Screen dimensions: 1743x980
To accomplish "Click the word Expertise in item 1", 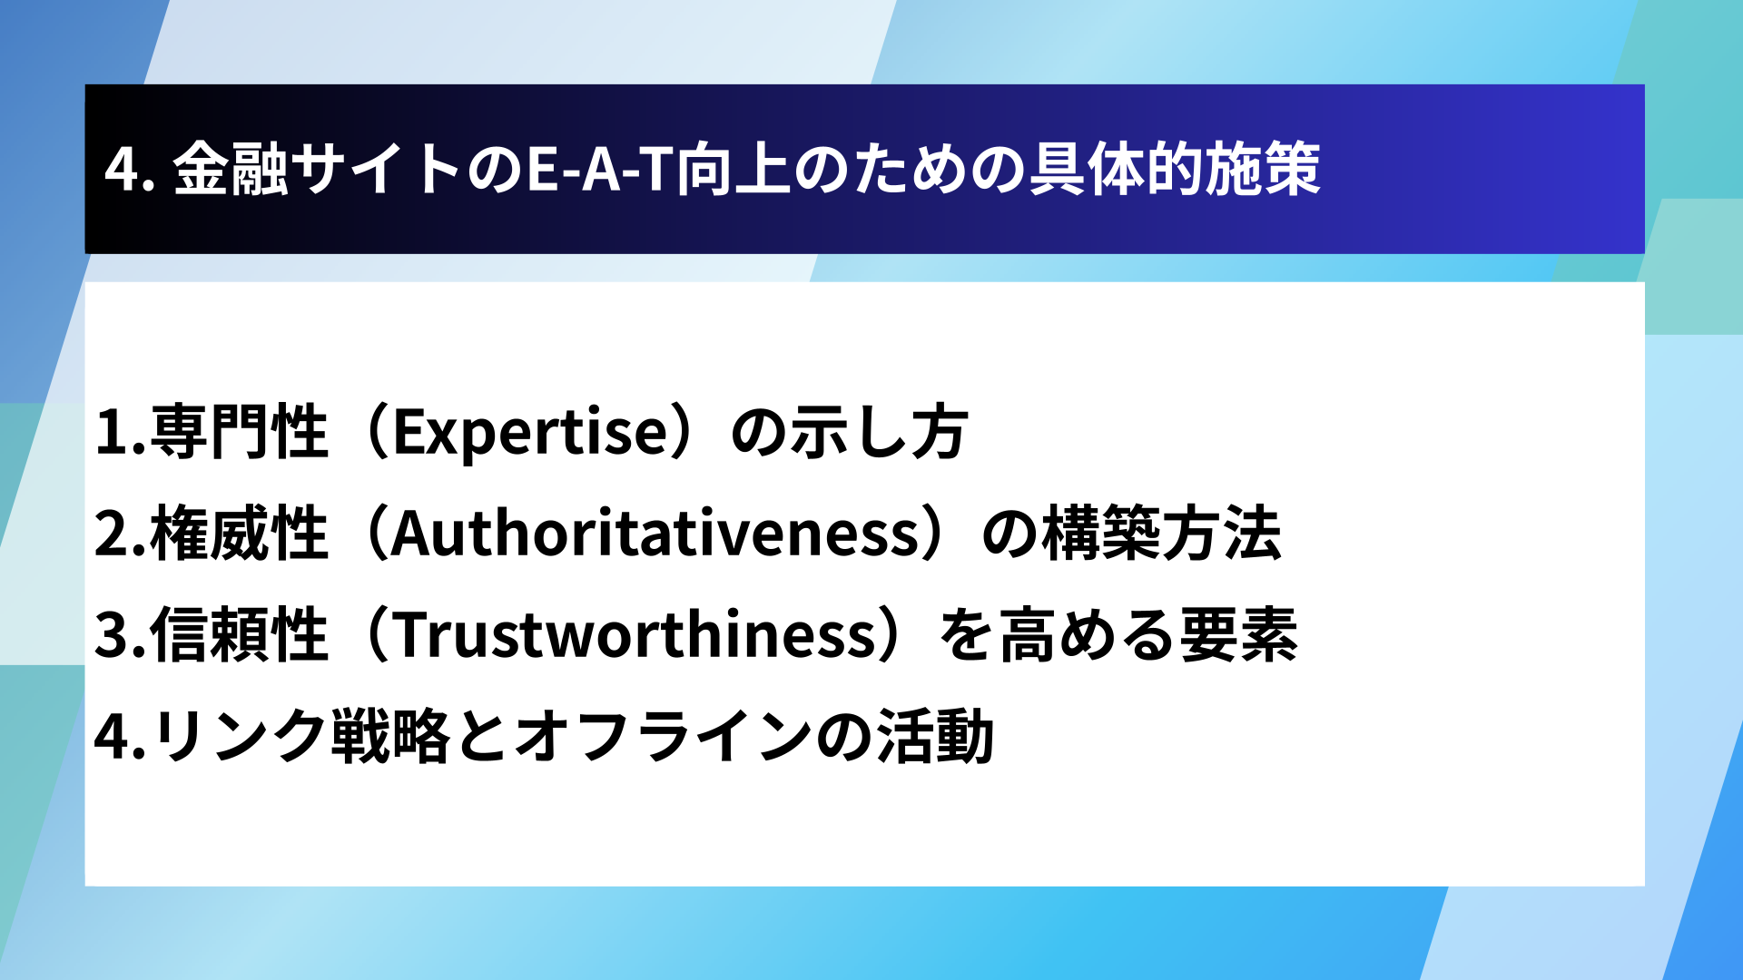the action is (x=531, y=433).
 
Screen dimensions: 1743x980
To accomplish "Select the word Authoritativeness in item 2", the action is (x=656, y=534).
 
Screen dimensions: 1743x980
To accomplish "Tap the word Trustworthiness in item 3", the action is (x=635, y=634).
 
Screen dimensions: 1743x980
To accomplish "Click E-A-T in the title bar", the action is (x=600, y=170).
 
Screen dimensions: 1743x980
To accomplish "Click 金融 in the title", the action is (x=231, y=170).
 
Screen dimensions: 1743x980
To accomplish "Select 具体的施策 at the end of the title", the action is (x=1175, y=170).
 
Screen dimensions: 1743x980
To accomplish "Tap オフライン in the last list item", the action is (x=664, y=736).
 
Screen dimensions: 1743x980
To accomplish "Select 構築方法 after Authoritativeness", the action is (x=1162, y=534).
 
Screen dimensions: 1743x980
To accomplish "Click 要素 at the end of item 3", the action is (x=1239, y=634).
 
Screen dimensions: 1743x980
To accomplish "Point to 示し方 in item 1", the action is (x=879, y=432).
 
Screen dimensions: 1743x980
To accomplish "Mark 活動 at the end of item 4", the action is (x=936, y=736).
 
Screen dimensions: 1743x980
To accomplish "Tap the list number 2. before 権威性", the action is (x=121, y=534).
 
